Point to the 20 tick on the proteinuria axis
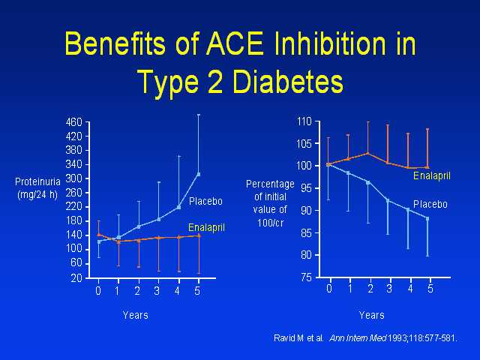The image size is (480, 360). pos(76,277)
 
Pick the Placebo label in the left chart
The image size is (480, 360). pos(205,201)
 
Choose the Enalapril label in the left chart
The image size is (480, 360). pos(205,226)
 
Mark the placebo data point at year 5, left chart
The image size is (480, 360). pos(199,174)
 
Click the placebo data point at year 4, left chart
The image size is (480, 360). pos(178,207)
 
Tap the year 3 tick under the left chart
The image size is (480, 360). pos(157,290)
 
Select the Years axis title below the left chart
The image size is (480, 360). pos(136,315)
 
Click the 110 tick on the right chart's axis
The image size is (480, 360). pos(303,121)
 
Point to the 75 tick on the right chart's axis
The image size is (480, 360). pos(305,277)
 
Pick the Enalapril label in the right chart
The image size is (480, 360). pos(431,176)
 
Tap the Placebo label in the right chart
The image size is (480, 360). pos(430,204)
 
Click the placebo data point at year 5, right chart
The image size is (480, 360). pos(427,218)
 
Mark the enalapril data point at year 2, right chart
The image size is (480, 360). pos(367,154)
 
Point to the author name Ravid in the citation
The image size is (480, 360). pos(286,338)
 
